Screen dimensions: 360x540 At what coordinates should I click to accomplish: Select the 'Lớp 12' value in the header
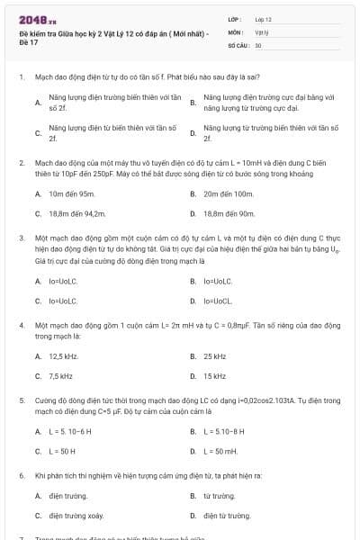pyautogui.click(x=264, y=19)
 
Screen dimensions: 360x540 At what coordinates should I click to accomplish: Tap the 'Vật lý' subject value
pyautogui.click(x=261, y=31)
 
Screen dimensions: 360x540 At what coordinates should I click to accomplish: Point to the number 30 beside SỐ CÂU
pyautogui.click(x=258, y=44)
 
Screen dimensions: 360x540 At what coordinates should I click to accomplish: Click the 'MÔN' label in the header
pyautogui.click(x=235, y=31)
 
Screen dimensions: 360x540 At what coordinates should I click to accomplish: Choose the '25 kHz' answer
pyautogui.click(x=214, y=356)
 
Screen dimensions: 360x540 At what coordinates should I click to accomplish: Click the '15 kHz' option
pyautogui.click(x=214, y=376)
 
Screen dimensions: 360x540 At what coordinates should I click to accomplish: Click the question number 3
pyautogui.click(x=21, y=238)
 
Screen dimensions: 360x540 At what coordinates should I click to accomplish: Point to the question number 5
pyautogui.click(x=21, y=398)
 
